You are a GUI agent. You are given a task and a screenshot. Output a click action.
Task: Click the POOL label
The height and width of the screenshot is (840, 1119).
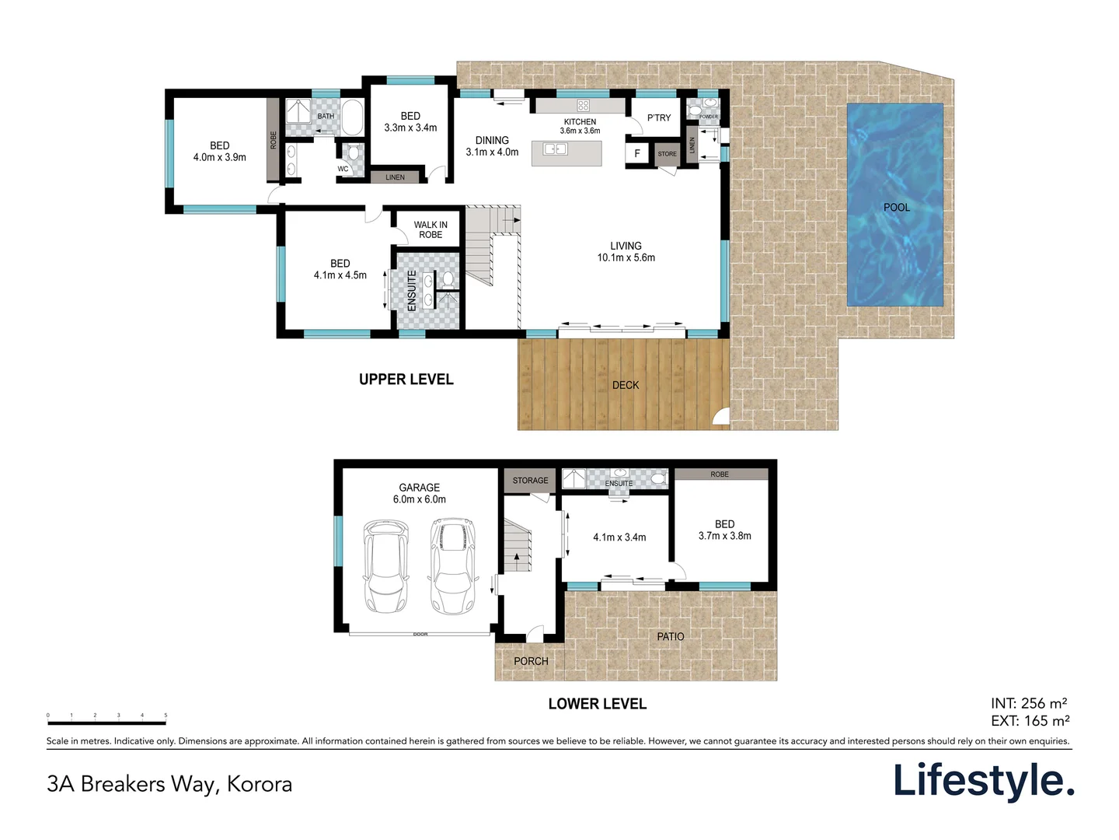[896, 208]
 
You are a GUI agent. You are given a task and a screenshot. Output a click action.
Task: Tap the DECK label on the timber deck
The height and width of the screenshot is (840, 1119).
[626, 385]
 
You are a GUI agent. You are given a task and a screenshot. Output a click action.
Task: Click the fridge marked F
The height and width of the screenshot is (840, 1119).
[637, 154]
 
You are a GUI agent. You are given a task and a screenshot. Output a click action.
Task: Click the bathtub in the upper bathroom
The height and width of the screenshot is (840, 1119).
[352, 117]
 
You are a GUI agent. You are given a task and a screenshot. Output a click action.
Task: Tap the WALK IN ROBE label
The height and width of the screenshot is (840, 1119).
[431, 229]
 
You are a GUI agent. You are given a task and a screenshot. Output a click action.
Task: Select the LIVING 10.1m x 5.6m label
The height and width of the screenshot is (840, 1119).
[626, 252]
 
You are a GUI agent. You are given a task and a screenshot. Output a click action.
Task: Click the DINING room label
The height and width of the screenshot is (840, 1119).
[492, 146]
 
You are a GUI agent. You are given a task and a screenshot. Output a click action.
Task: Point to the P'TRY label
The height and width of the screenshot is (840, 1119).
[659, 118]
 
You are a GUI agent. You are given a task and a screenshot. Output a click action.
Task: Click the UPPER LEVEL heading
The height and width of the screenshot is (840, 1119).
[406, 380]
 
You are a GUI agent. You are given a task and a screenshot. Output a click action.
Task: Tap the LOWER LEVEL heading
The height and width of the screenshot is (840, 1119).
[597, 704]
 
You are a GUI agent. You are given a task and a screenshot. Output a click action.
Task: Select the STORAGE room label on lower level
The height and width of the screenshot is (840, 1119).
[530, 481]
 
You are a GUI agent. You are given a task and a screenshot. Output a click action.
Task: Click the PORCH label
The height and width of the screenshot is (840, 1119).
[531, 661]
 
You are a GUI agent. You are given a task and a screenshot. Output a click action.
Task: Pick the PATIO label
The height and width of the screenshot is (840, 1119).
[671, 636]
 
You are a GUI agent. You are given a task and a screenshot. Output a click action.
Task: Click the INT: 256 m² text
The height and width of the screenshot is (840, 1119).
[1029, 704]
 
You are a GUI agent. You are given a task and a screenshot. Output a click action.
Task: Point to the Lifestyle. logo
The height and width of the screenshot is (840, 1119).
[983, 781]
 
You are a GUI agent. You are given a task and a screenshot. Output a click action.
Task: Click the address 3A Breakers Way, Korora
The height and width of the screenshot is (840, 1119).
[169, 784]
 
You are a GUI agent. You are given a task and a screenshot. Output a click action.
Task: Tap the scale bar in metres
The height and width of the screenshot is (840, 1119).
[106, 723]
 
